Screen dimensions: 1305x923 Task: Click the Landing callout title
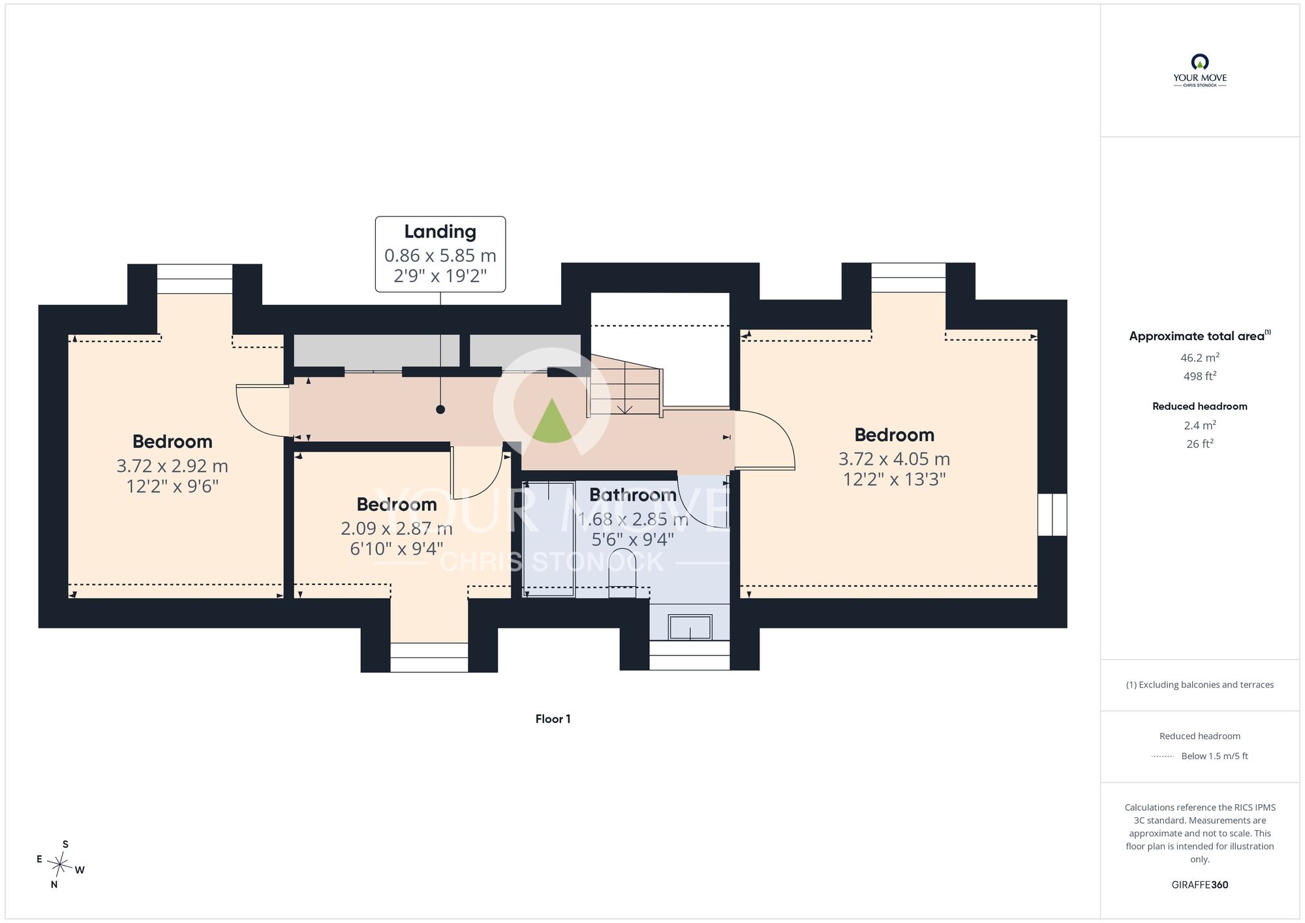coord(440,232)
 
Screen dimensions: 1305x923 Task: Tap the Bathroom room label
coord(632,495)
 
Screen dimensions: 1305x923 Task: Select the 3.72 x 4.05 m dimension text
coord(894,459)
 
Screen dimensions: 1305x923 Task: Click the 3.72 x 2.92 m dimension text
coord(172,466)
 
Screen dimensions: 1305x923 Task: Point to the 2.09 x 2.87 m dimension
coord(397,529)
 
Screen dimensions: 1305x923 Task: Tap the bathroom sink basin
coord(690,627)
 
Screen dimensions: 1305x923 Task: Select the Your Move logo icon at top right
coord(1199,62)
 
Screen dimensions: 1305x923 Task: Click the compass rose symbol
coord(60,866)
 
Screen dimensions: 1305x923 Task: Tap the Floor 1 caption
coord(553,719)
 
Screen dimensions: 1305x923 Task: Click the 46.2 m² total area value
coord(1199,357)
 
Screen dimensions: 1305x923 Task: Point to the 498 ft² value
coord(1199,376)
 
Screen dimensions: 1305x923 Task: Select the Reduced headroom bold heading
coord(1199,406)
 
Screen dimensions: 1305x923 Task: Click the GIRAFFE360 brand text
coord(1199,884)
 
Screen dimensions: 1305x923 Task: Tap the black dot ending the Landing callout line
coord(440,409)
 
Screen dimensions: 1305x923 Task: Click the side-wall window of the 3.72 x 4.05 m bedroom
coord(1052,514)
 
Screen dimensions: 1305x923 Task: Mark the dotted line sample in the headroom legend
coord(1163,756)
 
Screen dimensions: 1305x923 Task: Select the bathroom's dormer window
coord(689,655)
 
